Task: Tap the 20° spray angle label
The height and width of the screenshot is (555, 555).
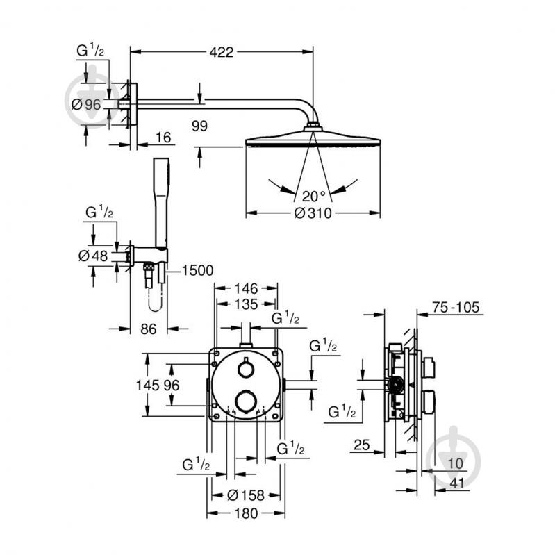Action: coord(310,195)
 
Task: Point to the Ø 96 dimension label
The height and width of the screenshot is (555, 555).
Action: coord(87,104)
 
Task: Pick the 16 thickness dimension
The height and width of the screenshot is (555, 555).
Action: coord(163,138)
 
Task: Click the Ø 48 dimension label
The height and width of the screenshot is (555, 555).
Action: coord(94,256)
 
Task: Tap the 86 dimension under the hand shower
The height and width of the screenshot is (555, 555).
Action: coord(149,329)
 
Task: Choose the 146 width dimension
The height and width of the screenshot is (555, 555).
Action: coord(246,288)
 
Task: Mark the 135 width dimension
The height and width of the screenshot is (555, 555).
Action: coord(246,304)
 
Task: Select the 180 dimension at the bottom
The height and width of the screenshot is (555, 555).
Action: coord(246,513)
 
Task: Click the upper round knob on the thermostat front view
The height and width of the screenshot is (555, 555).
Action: coord(246,368)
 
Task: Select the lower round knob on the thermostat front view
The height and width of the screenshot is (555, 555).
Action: coord(246,401)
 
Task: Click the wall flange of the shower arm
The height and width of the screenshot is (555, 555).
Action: coord(133,104)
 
